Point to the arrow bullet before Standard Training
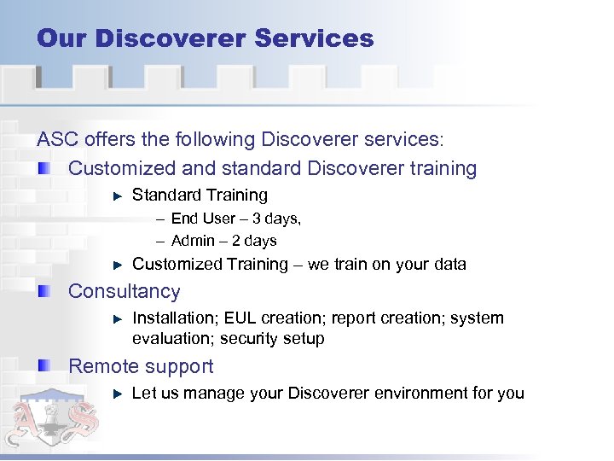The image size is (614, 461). point(119,196)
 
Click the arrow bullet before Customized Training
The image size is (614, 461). point(119,265)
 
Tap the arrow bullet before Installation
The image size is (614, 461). point(119,318)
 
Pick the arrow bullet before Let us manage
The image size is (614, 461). point(119,394)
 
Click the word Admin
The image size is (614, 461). point(191,241)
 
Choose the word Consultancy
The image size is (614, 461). point(125,292)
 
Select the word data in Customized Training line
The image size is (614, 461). point(449,265)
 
